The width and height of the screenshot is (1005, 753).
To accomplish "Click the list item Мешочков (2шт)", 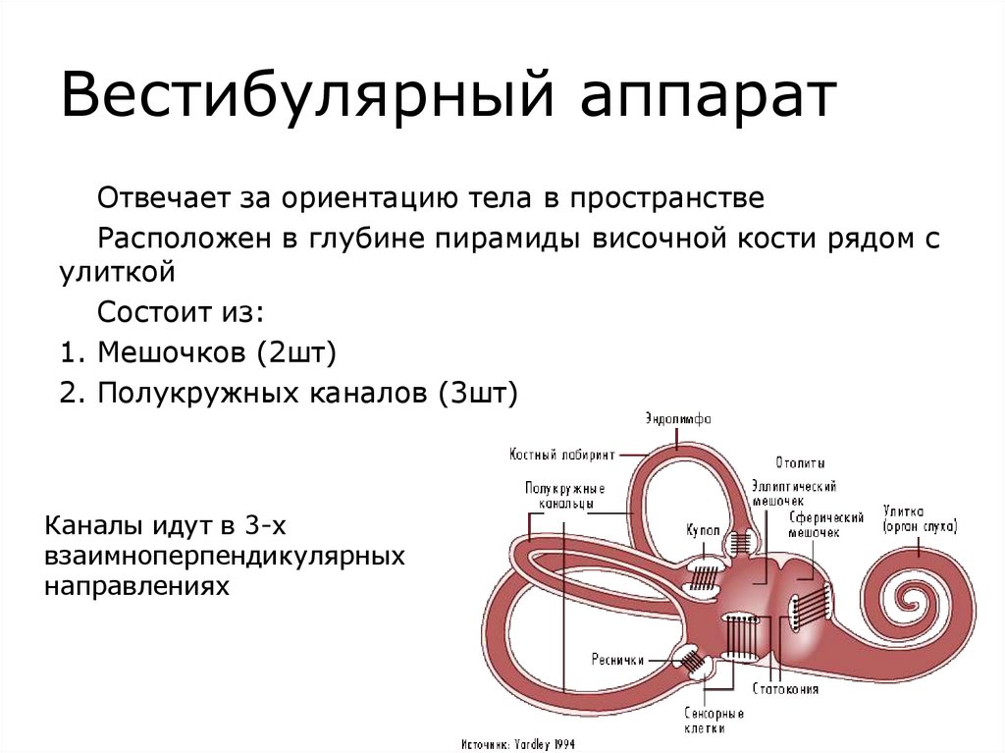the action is (x=196, y=350).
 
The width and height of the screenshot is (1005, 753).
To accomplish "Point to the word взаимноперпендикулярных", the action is (x=225, y=557).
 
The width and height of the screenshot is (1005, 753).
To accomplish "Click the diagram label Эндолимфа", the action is (x=678, y=419).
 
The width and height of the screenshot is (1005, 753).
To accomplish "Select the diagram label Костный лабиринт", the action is (x=562, y=455).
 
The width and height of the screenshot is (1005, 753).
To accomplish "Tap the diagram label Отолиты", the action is (x=800, y=462).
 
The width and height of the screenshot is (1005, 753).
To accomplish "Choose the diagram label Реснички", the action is (x=617, y=660).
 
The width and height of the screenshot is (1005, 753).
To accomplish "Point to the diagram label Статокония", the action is (x=785, y=689).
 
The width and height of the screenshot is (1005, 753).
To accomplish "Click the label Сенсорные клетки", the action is (x=706, y=721).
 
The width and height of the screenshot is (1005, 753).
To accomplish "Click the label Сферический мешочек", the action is (x=826, y=524).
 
